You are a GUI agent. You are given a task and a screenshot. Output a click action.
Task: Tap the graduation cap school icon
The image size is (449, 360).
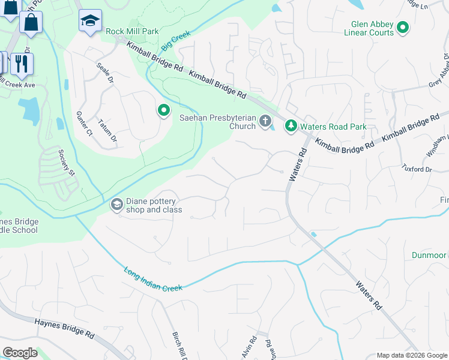pos(90,21)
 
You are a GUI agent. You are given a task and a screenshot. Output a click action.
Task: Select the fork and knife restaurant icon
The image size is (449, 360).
pos(22,63)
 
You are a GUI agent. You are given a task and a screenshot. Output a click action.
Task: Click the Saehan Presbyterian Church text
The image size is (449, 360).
pos(218,122)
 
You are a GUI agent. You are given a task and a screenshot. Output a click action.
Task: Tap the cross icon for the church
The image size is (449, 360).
pos(265,122)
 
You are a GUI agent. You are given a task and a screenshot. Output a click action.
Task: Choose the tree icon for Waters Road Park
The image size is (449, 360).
pos(291,126)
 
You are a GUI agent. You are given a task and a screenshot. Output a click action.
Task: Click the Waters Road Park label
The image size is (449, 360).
pos(334,127)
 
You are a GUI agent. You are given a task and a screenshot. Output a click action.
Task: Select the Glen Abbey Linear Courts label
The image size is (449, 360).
pos(373,28)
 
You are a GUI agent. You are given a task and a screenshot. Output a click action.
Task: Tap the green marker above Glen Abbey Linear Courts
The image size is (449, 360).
pos(403,27)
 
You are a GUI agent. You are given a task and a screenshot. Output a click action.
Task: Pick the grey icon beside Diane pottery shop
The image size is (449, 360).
pos(116,205)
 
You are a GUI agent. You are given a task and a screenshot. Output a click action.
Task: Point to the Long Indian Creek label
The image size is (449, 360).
pos(153,280)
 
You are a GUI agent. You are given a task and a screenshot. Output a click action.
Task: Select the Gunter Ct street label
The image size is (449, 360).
pos(82,122)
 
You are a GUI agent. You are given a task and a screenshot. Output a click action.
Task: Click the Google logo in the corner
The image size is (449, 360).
pos(20,353)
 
